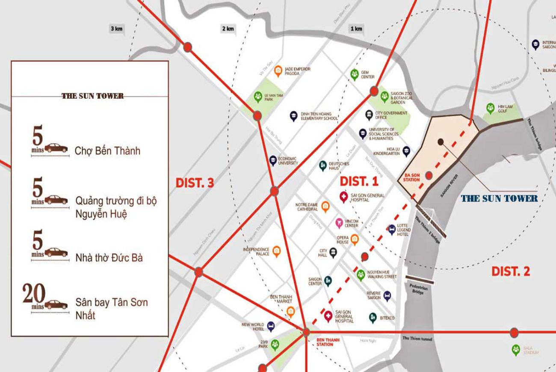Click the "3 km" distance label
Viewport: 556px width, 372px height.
(x=116, y=29)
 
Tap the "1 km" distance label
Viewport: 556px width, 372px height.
(x=356, y=29)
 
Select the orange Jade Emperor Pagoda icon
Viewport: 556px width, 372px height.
(x=278, y=71)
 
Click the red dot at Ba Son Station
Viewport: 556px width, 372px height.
(x=429, y=175)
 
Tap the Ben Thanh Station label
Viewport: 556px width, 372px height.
(x=328, y=342)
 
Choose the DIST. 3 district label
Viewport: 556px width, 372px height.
(x=195, y=183)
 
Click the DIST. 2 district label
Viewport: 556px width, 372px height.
(x=511, y=271)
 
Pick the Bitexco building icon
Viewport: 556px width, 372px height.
(x=373, y=318)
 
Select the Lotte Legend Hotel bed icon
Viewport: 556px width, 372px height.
(x=391, y=230)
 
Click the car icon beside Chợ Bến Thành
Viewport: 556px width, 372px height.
(x=56, y=148)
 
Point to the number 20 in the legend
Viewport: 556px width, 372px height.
(x=34, y=294)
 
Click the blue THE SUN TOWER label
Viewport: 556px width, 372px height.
(x=499, y=198)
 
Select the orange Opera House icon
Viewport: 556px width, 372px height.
(x=355, y=239)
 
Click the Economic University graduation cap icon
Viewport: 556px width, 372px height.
(x=272, y=160)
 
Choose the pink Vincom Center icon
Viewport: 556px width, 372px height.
(x=339, y=222)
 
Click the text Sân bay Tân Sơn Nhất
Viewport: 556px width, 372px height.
(x=111, y=309)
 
